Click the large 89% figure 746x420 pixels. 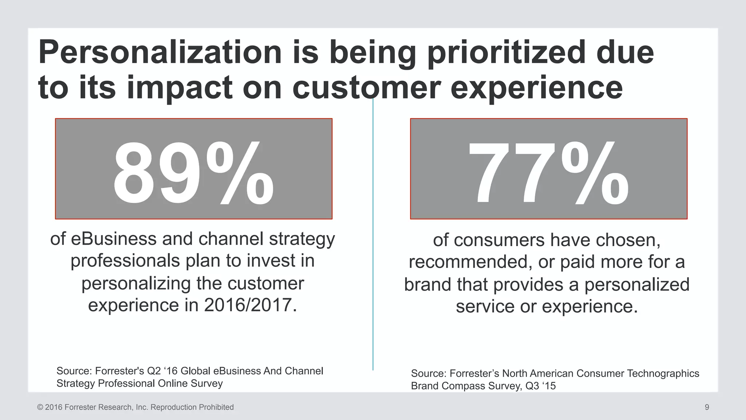[193, 173]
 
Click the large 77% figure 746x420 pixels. [548, 173]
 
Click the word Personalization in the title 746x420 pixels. [160, 53]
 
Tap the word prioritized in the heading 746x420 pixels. [506, 53]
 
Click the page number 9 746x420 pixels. [707, 407]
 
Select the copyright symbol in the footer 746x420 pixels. [40, 407]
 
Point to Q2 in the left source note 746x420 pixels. [153, 371]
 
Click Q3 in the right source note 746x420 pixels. [532, 386]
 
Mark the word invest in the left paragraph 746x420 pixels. [271, 261]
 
